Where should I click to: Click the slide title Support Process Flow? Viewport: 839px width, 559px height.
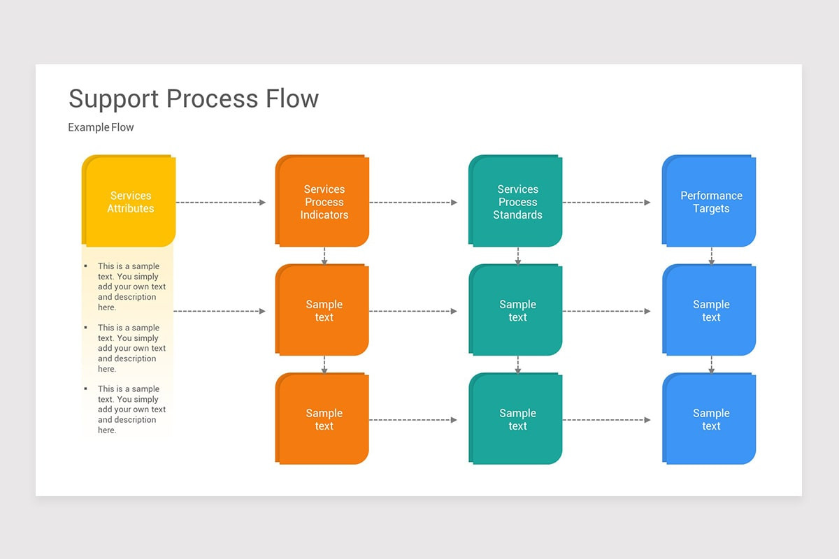click(193, 99)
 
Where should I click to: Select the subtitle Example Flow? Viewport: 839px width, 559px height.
click(101, 127)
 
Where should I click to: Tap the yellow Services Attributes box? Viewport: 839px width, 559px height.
click(130, 202)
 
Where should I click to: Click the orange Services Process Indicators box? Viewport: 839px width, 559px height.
click(324, 202)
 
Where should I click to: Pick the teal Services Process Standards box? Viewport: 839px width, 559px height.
click(517, 202)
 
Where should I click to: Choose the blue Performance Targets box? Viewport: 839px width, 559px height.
click(710, 202)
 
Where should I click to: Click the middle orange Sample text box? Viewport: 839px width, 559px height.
click(324, 311)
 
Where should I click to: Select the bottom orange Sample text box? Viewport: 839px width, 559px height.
click(324, 419)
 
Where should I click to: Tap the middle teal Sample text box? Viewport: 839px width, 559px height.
click(517, 311)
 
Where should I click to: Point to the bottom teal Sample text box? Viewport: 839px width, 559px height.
click(517, 419)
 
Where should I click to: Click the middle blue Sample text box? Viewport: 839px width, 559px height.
click(710, 311)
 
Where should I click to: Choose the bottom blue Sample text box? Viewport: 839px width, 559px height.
click(710, 419)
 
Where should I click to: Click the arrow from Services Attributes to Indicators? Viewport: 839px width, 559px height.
click(221, 203)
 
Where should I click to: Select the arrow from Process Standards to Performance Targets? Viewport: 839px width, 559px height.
click(606, 203)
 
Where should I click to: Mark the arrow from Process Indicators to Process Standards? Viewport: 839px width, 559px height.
click(413, 203)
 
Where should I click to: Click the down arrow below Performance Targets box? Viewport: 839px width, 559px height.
click(711, 256)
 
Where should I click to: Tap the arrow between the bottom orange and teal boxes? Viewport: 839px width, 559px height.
click(413, 420)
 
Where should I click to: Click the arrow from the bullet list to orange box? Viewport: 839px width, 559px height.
click(220, 311)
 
